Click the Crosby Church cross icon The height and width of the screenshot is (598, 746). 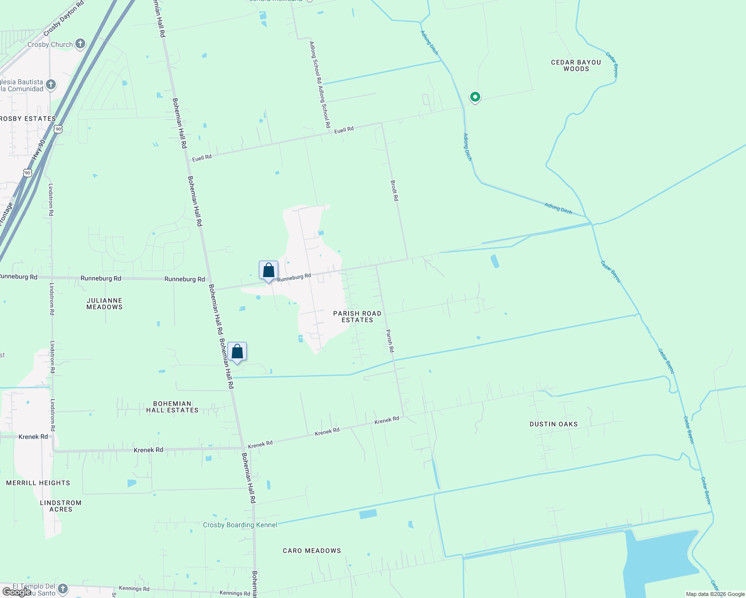[80, 44]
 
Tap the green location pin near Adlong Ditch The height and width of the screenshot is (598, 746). [475, 97]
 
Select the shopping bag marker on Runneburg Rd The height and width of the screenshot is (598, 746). [269, 271]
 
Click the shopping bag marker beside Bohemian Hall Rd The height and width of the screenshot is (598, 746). [237, 352]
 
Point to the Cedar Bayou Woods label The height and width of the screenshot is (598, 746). [576, 65]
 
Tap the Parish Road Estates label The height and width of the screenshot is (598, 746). [357, 316]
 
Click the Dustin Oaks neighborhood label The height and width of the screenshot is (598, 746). [554, 424]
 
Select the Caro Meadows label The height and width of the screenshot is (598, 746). [312, 551]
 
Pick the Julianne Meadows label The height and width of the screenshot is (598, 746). [104, 303]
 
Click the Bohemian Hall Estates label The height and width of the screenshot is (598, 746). [172, 407]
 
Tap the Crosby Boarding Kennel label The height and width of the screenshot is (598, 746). [240, 525]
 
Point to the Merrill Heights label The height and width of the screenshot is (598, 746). [38, 483]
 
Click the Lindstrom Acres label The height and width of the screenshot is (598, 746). [60, 506]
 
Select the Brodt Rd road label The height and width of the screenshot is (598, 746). [394, 191]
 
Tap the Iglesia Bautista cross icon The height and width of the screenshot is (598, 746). [51, 85]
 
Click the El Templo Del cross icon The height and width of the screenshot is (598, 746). [63, 589]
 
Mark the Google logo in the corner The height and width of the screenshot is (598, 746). [16, 592]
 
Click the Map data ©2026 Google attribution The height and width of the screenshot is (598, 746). [715, 594]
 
